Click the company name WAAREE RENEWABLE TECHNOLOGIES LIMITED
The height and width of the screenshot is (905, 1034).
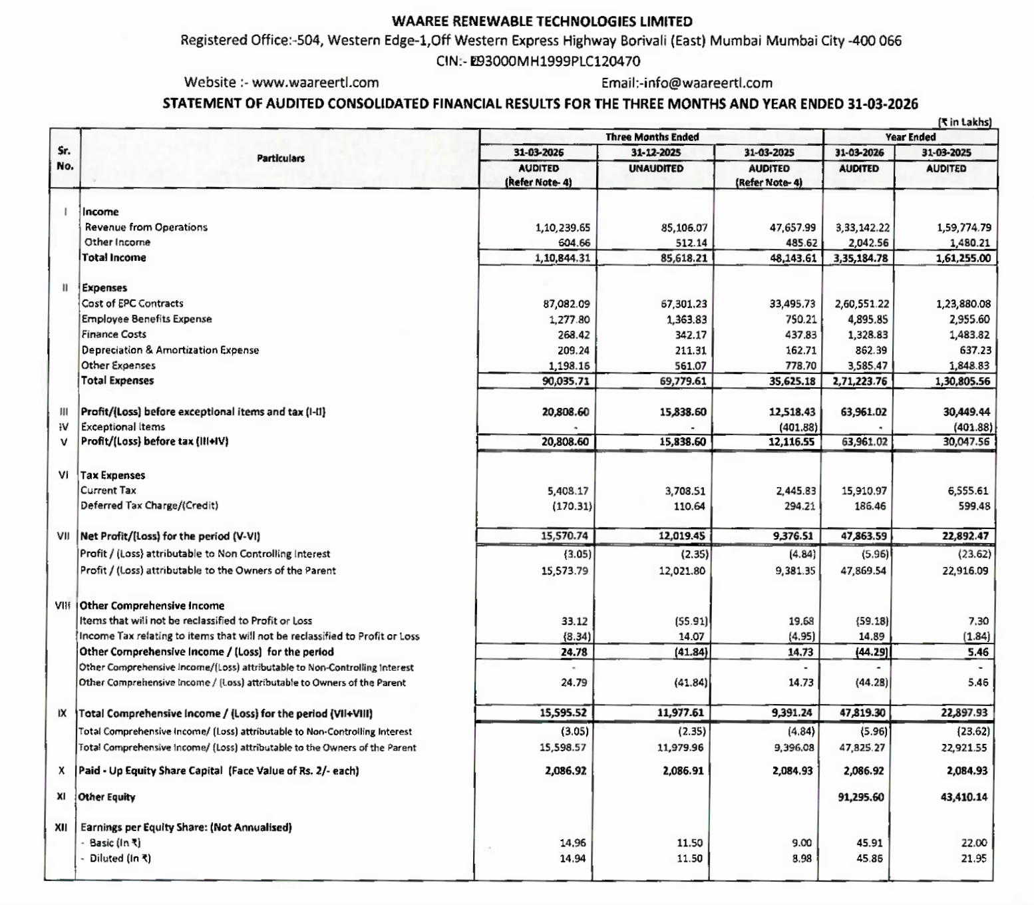pyautogui.click(x=542, y=21)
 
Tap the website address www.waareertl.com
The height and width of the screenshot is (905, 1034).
pyautogui.click(x=315, y=83)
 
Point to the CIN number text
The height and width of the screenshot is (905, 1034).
pyautogui.click(x=538, y=61)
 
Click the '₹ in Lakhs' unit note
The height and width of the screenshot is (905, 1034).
pyautogui.click(x=965, y=122)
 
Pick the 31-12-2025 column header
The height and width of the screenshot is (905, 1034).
pyautogui.click(x=655, y=152)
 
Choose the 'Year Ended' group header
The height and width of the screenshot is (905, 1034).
pyautogui.click(x=910, y=137)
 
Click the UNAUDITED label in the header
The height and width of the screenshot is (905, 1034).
pyautogui.click(x=655, y=168)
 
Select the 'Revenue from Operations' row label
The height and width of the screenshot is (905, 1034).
pyautogui.click(x=146, y=228)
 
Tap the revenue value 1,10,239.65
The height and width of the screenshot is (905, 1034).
pyautogui.click(x=562, y=228)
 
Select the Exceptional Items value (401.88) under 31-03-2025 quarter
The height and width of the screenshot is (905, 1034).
pyautogui.click(x=797, y=427)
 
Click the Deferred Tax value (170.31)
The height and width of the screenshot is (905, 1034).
pyautogui.click(x=572, y=506)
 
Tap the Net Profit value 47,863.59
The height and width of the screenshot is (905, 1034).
pyautogui.click(x=863, y=536)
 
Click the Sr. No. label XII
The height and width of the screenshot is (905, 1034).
pyautogui.click(x=62, y=828)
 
